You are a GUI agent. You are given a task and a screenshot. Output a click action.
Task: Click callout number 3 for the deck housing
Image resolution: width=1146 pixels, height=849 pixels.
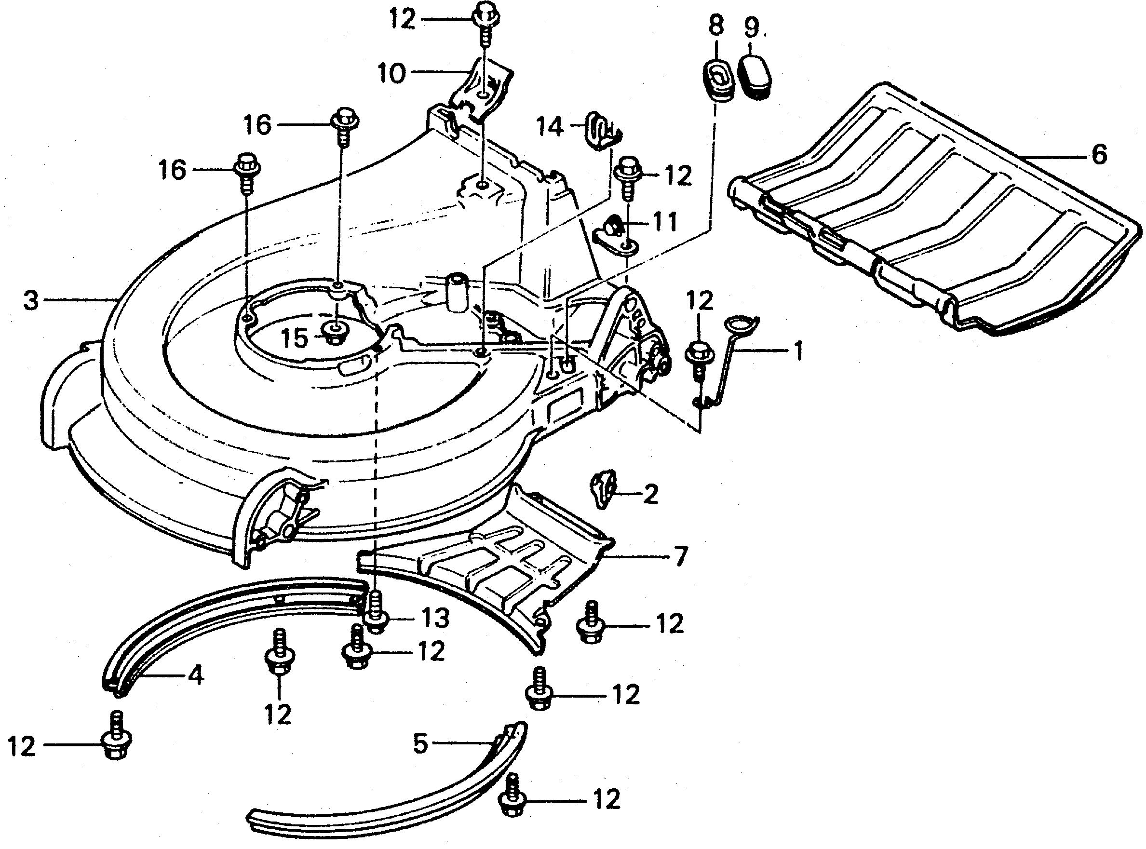(31, 301)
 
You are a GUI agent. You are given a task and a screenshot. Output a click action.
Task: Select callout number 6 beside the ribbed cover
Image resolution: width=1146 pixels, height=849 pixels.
(1098, 154)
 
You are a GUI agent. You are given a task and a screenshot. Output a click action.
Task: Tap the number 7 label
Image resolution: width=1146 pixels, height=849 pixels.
(680, 556)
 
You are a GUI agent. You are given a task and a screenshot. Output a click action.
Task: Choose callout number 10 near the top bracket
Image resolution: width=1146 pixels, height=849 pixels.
(391, 73)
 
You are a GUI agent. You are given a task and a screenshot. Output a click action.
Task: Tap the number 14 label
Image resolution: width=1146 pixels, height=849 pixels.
(551, 127)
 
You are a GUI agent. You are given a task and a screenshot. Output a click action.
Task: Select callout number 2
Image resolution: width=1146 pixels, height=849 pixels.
(650, 494)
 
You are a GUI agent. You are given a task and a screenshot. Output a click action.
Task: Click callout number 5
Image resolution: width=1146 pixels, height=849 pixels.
(420, 743)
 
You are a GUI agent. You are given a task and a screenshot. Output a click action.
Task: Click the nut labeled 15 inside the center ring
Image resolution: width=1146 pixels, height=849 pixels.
(334, 334)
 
